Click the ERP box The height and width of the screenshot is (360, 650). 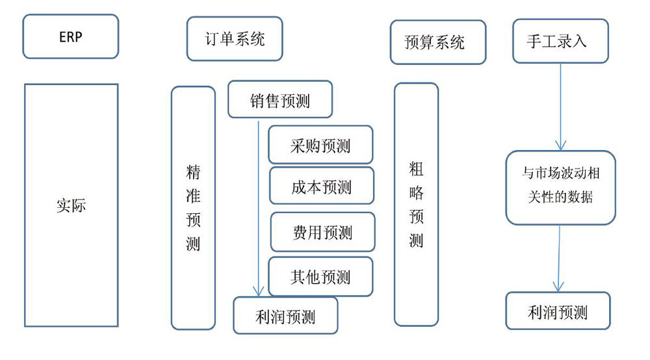click(71, 36)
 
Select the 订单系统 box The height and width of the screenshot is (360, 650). click(235, 39)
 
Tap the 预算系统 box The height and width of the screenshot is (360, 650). click(437, 43)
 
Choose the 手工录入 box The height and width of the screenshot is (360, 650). click(560, 41)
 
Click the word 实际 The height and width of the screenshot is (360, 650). click(71, 206)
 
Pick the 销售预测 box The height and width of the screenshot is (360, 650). click(279, 100)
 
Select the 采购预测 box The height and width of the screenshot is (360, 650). click(321, 145)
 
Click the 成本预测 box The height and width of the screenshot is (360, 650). click(321, 186)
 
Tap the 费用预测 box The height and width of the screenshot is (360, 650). click(322, 232)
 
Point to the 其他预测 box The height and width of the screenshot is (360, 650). click(320, 277)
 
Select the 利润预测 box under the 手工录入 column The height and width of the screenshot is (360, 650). click(558, 311)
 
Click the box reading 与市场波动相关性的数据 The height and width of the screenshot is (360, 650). click(560, 186)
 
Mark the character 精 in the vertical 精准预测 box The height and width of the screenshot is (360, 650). click(193, 172)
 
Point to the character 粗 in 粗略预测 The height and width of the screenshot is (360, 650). click(416, 170)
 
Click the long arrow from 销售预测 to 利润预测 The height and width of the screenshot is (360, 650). click(259, 208)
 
